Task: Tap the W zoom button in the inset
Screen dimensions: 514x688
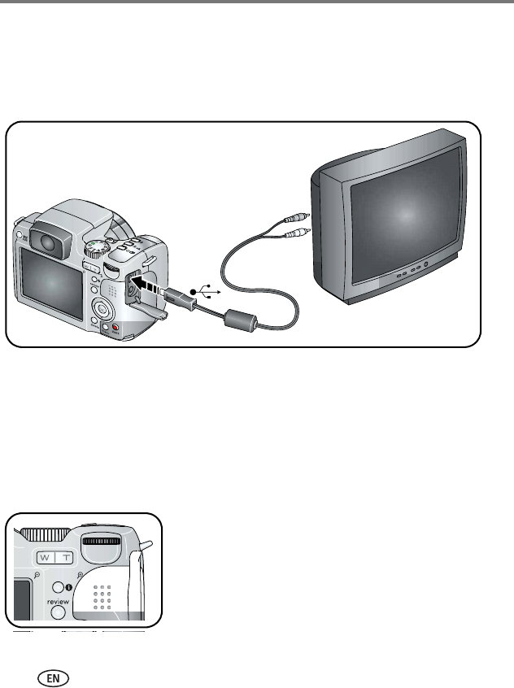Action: point(47,559)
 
